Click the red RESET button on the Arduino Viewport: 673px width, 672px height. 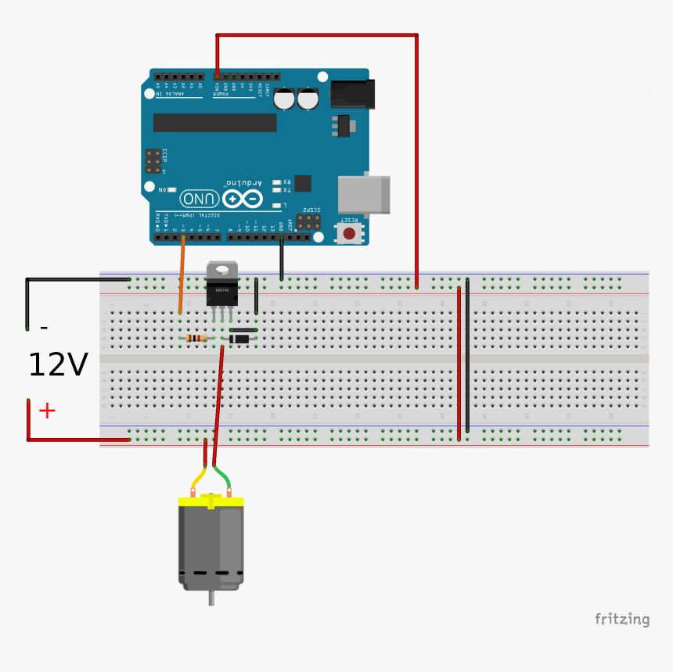click(349, 233)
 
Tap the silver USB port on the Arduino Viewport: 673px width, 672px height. click(363, 194)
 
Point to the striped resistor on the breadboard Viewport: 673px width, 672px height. click(196, 338)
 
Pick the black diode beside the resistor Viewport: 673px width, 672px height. click(239, 338)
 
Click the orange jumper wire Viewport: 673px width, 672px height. click(182, 274)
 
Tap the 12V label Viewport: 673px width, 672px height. click(57, 365)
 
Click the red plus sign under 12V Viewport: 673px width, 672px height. click(47, 411)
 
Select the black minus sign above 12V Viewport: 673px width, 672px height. click(44, 328)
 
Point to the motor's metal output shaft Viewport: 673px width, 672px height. click(211, 598)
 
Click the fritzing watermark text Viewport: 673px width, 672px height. click(621, 620)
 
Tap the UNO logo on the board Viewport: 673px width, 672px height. click(200, 198)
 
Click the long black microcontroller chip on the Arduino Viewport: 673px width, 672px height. click(214, 123)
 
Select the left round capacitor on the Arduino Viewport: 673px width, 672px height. click(284, 99)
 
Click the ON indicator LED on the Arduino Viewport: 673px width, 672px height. click(171, 189)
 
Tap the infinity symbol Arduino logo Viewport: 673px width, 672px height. click(243, 199)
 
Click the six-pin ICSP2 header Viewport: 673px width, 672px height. click(308, 221)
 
